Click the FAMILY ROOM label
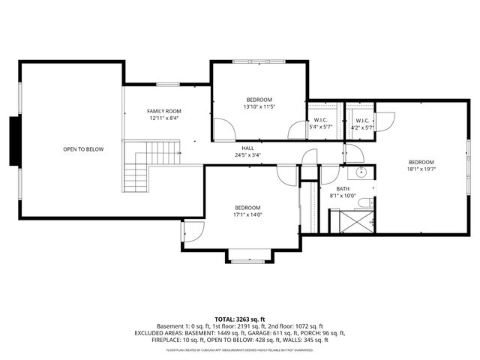163,111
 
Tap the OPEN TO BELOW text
82,149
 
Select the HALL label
247,148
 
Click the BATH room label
343,189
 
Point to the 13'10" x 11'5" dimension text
259,106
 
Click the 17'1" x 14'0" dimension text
247,214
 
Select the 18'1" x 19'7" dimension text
421,169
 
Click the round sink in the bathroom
361,172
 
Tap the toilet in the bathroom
364,202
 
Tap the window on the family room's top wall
167,84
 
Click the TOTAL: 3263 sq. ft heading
239,319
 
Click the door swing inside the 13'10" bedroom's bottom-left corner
223,130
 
